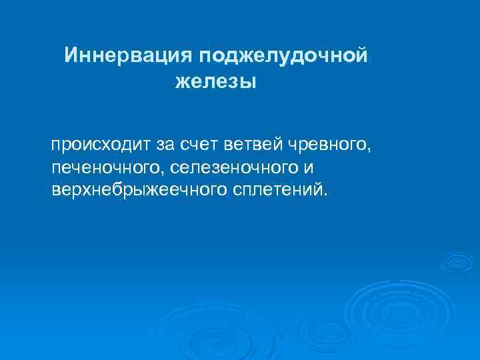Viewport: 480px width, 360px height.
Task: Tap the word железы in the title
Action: (x=215, y=83)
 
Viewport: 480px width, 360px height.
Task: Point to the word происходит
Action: (x=102, y=144)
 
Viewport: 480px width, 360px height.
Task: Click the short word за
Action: (x=165, y=144)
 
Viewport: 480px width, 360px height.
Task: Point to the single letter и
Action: (x=308, y=167)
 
